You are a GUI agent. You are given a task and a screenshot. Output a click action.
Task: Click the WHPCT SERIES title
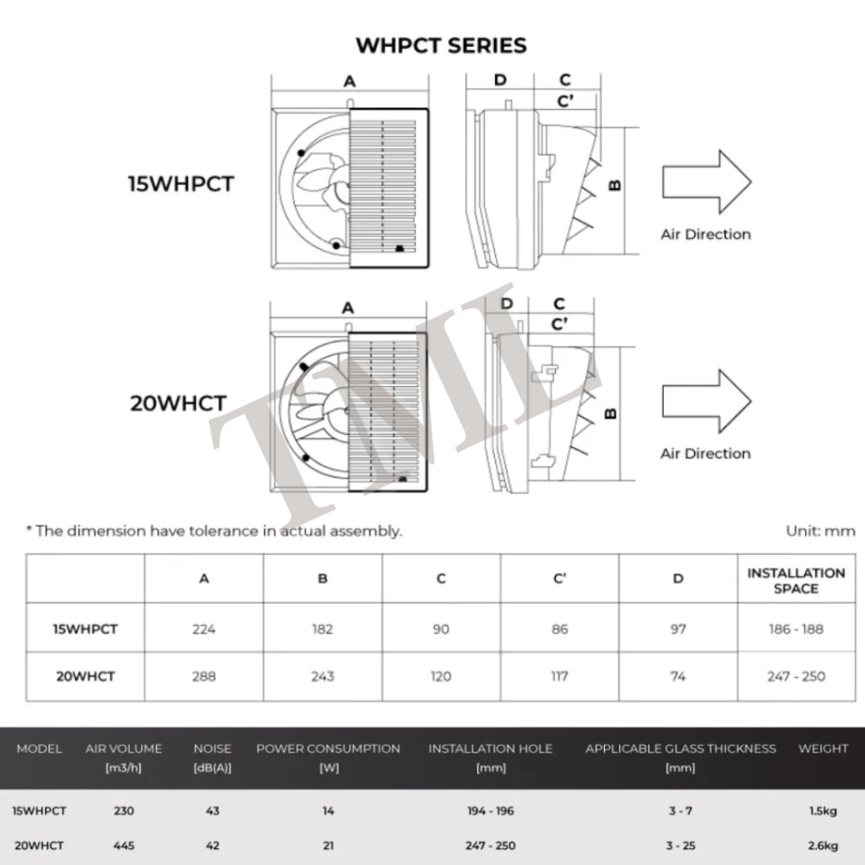[441, 45]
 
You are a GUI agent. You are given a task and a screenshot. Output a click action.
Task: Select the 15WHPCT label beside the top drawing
[180, 184]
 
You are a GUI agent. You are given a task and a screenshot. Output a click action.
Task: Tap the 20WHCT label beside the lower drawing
[178, 403]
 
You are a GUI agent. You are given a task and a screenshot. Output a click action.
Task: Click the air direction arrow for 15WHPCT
[705, 182]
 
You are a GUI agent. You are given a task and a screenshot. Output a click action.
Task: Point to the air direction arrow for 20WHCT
[705, 400]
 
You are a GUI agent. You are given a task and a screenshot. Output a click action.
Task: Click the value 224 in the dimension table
[204, 628]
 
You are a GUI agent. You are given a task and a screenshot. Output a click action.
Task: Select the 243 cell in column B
[322, 676]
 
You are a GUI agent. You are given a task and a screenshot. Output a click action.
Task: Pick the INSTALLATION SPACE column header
[796, 580]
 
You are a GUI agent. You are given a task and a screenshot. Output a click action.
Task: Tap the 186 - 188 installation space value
[796, 628]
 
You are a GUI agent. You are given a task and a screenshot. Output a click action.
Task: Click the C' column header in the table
[559, 579]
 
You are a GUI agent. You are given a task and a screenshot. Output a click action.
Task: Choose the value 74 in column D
[677, 676]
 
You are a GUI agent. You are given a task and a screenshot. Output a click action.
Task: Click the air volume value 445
[123, 845]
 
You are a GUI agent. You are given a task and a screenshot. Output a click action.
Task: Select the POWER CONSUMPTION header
[328, 748]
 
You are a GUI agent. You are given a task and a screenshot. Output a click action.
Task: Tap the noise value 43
[212, 811]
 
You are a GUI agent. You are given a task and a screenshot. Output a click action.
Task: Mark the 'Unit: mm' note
[820, 531]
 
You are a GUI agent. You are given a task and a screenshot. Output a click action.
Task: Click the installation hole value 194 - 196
[490, 811]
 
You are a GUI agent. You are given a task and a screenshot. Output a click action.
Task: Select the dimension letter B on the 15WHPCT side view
[615, 185]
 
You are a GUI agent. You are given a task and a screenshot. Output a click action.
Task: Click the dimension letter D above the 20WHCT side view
[507, 303]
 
